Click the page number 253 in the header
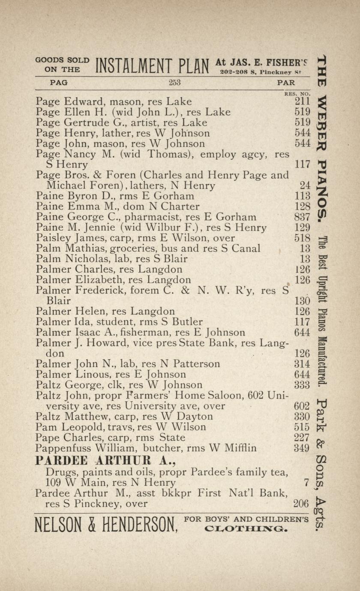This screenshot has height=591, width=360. pyautogui.click(x=174, y=83)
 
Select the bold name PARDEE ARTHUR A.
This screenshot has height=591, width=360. pyautogui.click(x=105, y=461)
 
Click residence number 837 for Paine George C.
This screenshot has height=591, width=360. pyautogui.click(x=302, y=217)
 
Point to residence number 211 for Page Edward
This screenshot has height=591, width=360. pyautogui.click(x=302, y=102)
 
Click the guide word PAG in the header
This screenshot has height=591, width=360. pyautogui.click(x=59, y=83)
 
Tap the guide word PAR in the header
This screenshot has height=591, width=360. pyautogui.click(x=286, y=83)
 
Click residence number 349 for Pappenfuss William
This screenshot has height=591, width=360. pyautogui.click(x=302, y=448)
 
